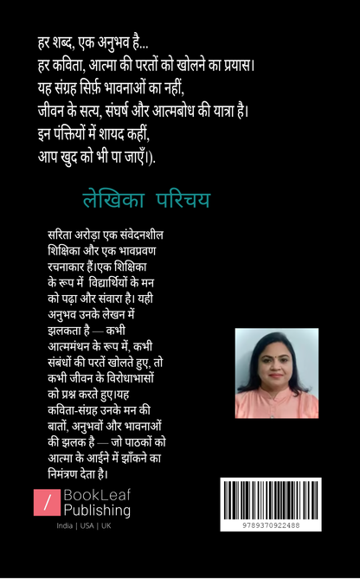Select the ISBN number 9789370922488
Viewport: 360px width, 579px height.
pos(271,525)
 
